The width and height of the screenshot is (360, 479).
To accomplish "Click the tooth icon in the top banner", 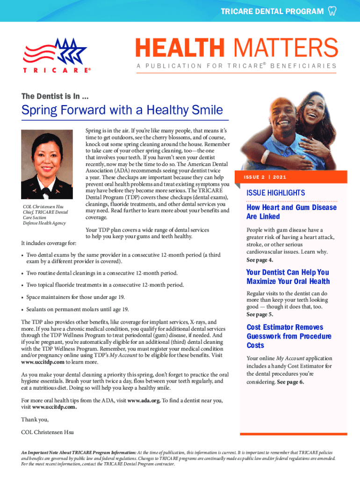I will (332, 11).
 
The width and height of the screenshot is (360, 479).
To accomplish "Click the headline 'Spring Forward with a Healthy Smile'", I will (122, 111).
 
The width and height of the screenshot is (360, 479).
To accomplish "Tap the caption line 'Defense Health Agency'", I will (45, 223).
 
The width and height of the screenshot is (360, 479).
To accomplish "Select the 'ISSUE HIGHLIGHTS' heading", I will (275, 193).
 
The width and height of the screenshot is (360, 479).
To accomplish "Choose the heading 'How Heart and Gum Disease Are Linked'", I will (291, 212).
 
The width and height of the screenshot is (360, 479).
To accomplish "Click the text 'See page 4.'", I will (260, 260).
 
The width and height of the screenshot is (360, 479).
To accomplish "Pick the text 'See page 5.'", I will (260, 314).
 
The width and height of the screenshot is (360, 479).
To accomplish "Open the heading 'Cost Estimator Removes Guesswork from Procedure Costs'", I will (289, 336).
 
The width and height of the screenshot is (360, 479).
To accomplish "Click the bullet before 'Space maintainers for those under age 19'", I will (23, 297).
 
